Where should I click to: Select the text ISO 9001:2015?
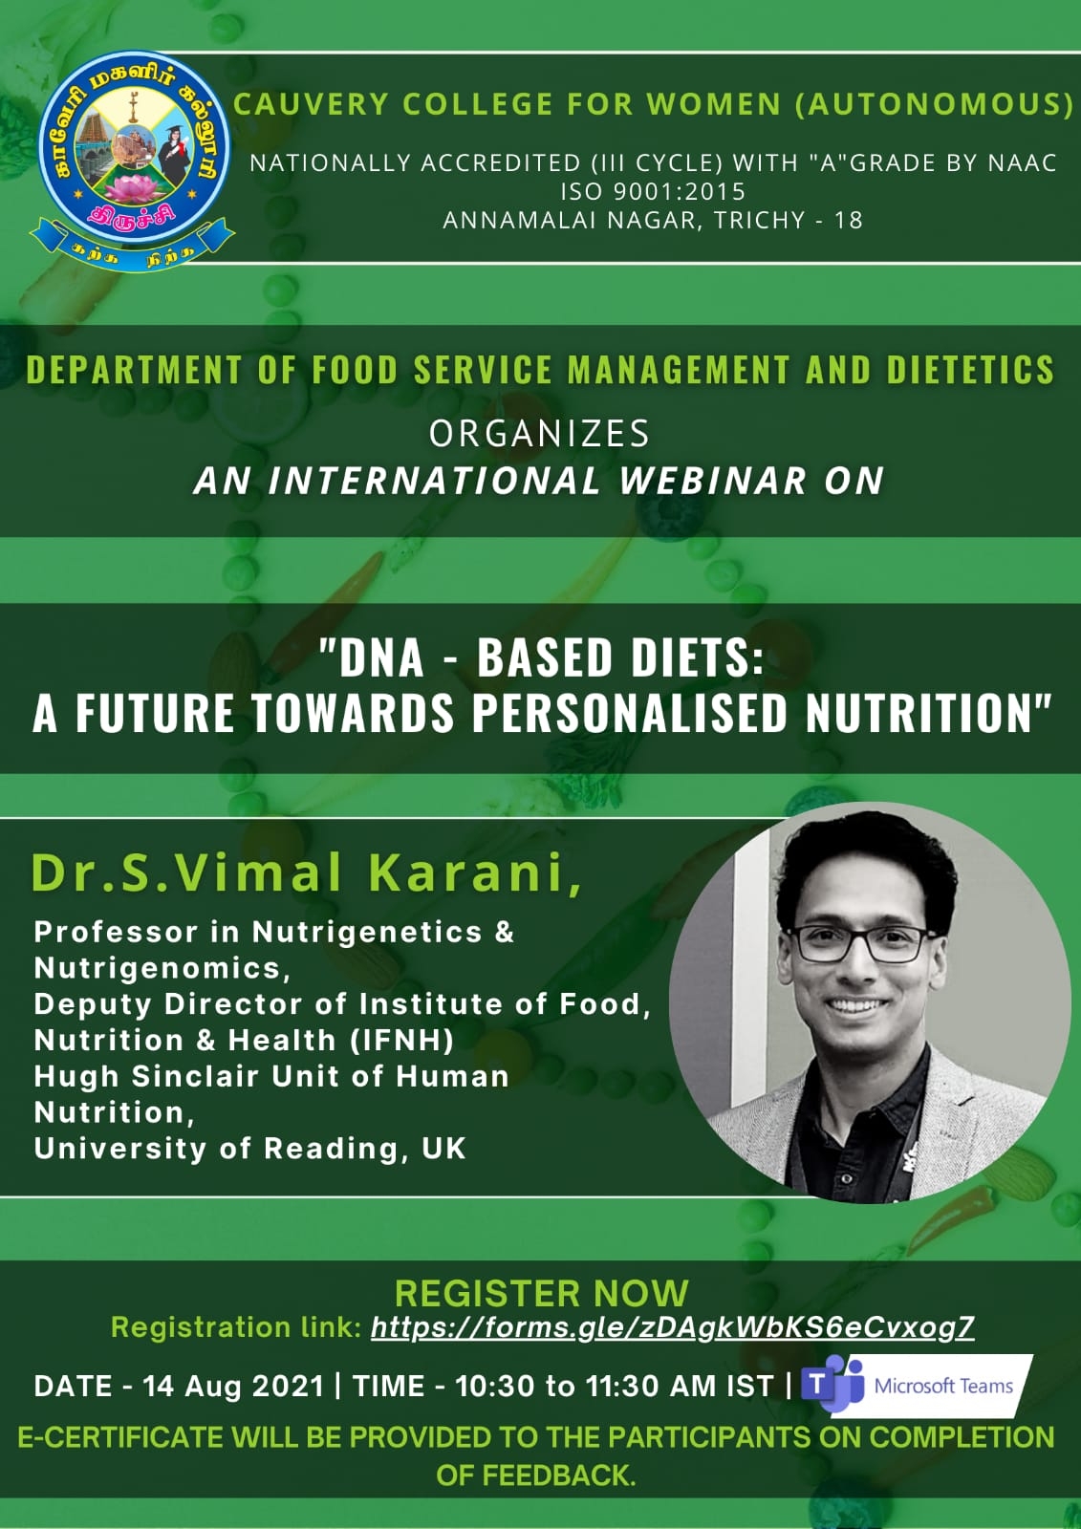[x=653, y=192]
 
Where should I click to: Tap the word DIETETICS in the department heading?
[x=970, y=370]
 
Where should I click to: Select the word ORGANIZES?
[x=539, y=434]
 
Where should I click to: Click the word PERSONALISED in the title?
[x=630, y=713]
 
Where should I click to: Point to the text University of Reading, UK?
[x=249, y=1149]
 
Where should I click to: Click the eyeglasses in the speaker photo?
[x=862, y=944]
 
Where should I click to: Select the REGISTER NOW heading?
[x=542, y=1294]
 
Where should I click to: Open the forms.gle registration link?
[x=673, y=1327]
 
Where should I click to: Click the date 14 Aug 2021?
[x=233, y=1387]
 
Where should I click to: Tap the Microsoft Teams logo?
[x=917, y=1386]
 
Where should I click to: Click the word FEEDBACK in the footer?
[x=559, y=1475]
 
